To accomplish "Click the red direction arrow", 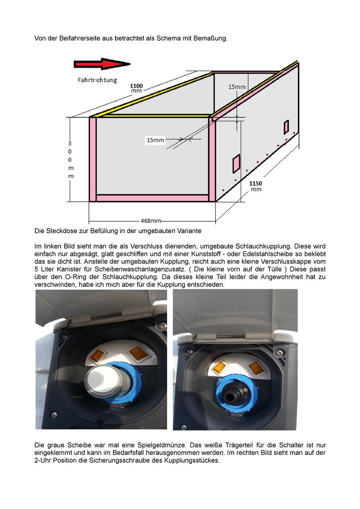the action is click(x=102, y=64).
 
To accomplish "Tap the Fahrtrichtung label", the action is click(x=97, y=80).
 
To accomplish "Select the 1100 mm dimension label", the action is click(x=136, y=88).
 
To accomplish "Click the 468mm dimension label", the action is click(x=151, y=221).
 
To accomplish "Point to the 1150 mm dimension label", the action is click(x=256, y=186).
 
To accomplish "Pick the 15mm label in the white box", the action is click(x=155, y=140).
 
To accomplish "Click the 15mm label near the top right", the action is click(x=237, y=86).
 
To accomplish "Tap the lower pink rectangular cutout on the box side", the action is click(x=236, y=164).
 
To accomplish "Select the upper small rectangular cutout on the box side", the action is click(x=286, y=127).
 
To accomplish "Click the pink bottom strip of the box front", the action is click(x=152, y=198).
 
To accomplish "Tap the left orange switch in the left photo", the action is click(x=98, y=356).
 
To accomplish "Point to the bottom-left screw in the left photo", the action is click(x=54, y=415).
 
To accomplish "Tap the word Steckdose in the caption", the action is click(x=60, y=231).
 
